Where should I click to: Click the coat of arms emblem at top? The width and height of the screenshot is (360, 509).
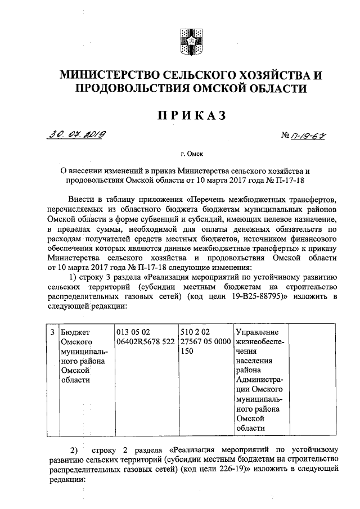[x=187, y=40]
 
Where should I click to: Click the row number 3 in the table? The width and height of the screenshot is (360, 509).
[x=52, y=331]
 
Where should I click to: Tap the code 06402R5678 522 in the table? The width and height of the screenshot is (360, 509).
[x=145, y=341]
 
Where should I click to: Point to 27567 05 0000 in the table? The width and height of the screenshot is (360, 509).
[x=205, y=341]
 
